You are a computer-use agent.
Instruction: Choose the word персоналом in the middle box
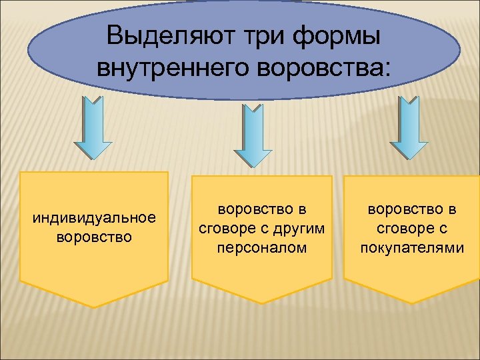point(262,248)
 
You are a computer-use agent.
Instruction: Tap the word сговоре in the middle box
point(224,229)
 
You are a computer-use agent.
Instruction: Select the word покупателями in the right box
point(411,248)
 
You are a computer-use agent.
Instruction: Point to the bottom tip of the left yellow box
point(94,307)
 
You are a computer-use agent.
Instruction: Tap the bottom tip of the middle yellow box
point(262,303)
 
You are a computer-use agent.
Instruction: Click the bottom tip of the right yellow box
point(411,303)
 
